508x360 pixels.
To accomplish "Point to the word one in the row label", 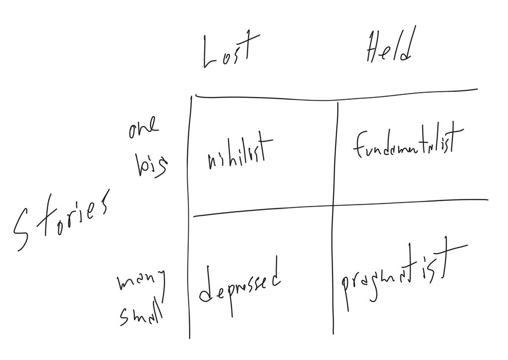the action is click(x=143, y=130).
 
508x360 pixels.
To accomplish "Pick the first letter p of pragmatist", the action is click(x=346, y=289).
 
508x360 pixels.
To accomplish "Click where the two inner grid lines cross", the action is click(x=334, y=205).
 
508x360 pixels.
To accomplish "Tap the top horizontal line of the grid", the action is click(x=337, y=95).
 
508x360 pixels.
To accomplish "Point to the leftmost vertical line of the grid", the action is click(x=190, y=216).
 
